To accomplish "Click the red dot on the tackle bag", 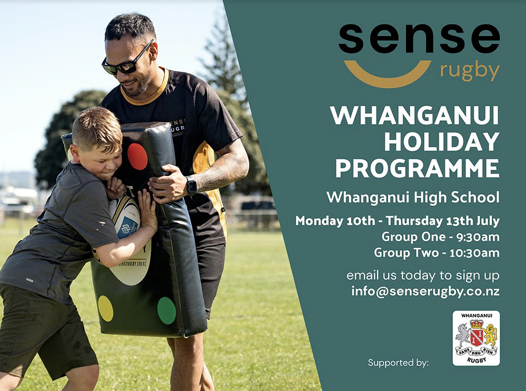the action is point(137,157).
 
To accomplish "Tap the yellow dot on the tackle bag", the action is point(105,308).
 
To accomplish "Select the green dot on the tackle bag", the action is point(166,311).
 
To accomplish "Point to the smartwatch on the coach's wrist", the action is point(191,186).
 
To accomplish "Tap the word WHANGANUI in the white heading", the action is point(414,116).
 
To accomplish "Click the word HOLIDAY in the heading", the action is point(442,142).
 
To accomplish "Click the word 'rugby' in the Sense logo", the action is point(470,71).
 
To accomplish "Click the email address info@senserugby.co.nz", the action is point(426,291).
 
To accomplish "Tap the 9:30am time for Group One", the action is point(478,237).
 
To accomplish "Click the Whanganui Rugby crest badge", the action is point(476,338).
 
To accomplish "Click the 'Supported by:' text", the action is point(398,363).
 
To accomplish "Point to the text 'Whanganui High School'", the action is point(413,198).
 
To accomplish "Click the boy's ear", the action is point(75,153).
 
